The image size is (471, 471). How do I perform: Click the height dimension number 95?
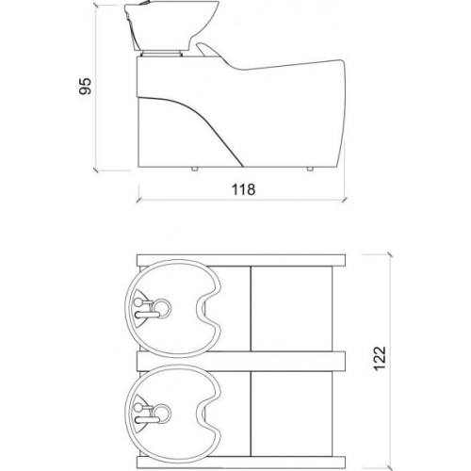tap(86, 87)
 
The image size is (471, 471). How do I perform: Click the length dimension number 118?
tap(244, 188)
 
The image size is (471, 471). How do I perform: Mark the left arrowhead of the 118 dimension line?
tap(141, 201)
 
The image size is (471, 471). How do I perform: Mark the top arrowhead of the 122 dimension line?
tap(388, 255)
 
